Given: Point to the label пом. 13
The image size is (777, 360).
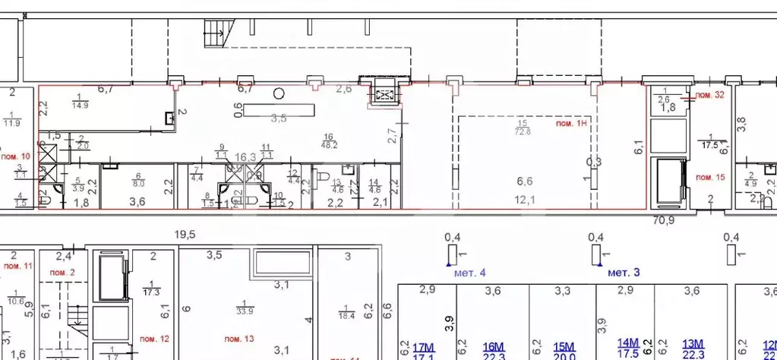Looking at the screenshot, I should point(238,337).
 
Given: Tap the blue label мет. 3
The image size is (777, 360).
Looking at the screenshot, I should point(626,272).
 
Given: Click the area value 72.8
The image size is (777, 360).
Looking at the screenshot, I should point(521,131).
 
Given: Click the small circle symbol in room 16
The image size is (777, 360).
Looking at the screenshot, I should point(280,93).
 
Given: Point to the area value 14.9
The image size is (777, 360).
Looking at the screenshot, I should point(81,106).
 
